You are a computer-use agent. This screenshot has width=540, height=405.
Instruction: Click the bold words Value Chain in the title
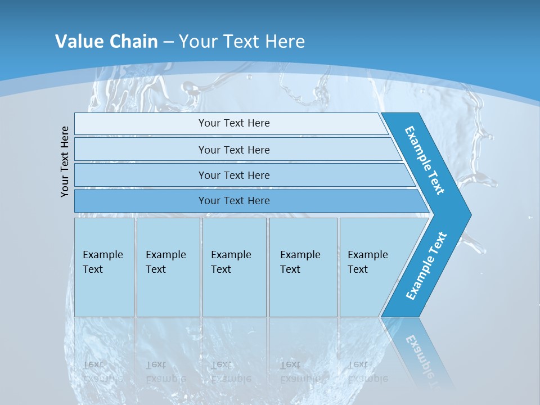click(106, 42)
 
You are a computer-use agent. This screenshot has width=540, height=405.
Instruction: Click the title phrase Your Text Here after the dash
click(242, 42)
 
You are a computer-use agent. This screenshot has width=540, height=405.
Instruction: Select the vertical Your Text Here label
click(65, 161)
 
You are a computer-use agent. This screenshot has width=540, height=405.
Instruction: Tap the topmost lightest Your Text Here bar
click(233, 123)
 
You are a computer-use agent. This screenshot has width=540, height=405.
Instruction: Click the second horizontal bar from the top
click(233, 150)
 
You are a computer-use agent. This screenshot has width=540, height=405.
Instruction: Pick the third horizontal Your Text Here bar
click(233, 175)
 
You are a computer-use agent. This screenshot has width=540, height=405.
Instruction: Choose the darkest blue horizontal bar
click(233, 201)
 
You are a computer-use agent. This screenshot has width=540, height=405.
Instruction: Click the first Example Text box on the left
click(104, 267)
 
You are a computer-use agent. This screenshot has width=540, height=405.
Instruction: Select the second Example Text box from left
click(168, 267)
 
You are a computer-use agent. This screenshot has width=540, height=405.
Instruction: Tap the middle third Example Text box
click(234, 267)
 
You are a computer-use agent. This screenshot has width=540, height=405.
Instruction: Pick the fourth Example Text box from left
click(303, 267)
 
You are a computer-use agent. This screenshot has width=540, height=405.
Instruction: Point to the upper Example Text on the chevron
click(425, 160)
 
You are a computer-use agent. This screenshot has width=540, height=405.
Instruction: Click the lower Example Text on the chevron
click(426, 265)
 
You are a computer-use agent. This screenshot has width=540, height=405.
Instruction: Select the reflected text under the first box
click(102, 372)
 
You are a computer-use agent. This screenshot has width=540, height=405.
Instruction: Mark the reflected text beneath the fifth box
click(367, 372)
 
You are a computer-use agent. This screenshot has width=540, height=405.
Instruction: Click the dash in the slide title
click(169, 42)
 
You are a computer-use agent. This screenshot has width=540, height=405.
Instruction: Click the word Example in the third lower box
click(231, 255)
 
